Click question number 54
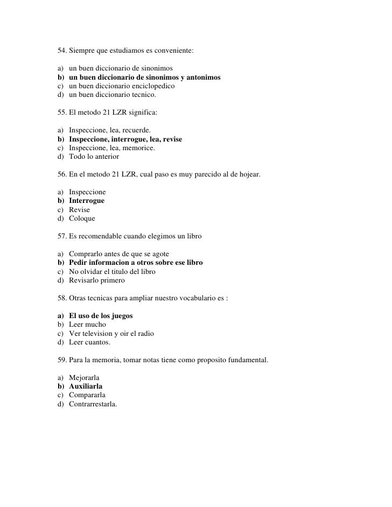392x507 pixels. tap(62, 52)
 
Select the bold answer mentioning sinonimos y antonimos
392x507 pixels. tap(144, 78)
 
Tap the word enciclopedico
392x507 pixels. tap(152, 86)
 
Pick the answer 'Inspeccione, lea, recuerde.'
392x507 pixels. tap(110, 131)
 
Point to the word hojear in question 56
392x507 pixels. tap(246, 175)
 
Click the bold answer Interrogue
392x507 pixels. tap(87, 201)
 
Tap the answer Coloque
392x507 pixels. tap(82, 219)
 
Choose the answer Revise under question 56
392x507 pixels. tap(80, 209)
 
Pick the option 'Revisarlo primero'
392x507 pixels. tap(96, 280)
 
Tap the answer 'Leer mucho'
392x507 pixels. tap(87, 325)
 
